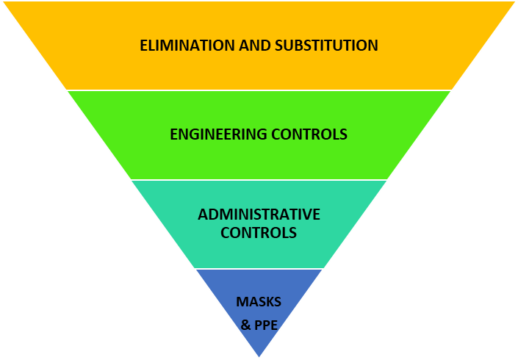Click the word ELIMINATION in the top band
[x=187, y=46]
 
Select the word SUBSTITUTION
[x=328, y=46]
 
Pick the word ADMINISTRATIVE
[x=259, y=215]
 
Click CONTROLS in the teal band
[x=259, y=233]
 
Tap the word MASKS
[x=259, y=302]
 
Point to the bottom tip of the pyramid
[x=259, y=357]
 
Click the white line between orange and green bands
[x=259, y=90]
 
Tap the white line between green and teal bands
[x=259, y=179]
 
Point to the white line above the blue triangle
[x=259, y=269]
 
